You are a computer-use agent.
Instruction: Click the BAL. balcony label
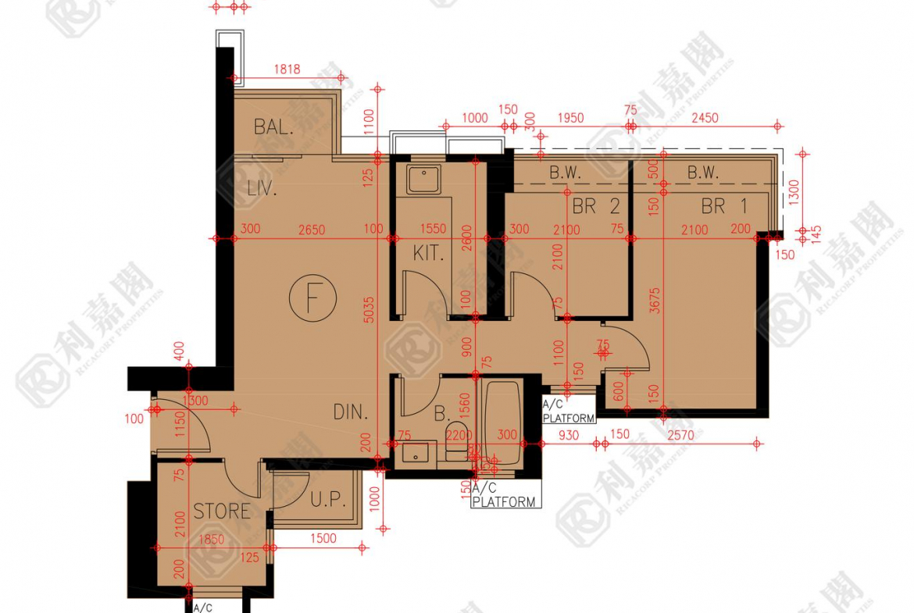tap(273, 127)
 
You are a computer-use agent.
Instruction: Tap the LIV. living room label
tap(262, 188)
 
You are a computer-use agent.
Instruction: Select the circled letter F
tap(312, 298)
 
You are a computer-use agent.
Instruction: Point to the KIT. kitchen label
tap(428, 253)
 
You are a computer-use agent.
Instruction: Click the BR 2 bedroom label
tap(596, 207)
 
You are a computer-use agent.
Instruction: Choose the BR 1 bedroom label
tap(723, 207)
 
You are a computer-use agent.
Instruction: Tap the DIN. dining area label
tap(351, 412)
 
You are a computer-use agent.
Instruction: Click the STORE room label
tap(222, 511)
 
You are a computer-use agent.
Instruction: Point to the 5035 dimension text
tap(370, 308)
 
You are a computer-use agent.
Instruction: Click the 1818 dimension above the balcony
tap(287, 69)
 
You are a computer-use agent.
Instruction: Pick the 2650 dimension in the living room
tap(311, 230)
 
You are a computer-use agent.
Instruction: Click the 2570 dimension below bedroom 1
tap(680, 435)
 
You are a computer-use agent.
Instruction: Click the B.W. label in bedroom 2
tap(565, 173)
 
